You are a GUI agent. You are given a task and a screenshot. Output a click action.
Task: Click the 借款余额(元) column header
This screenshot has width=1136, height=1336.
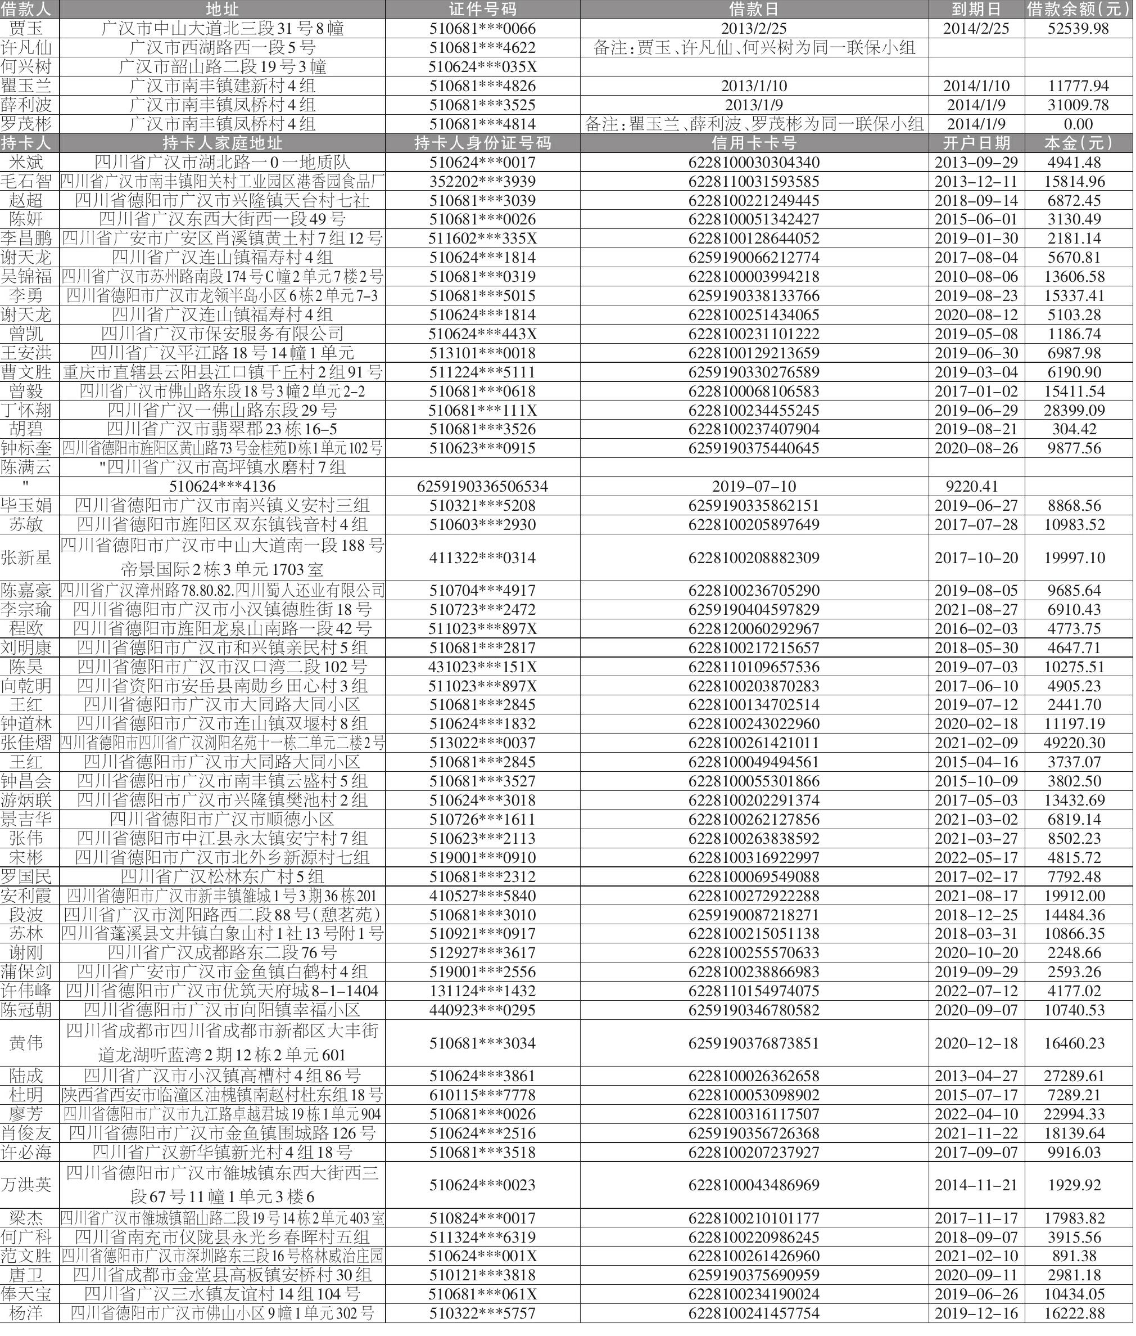pyautogui.click(x=1079, y=9)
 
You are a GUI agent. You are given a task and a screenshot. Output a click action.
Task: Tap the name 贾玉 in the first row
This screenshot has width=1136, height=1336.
pyautogui.click(x=26, y=28)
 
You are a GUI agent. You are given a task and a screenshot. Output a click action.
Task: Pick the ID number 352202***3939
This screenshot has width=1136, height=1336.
pyautogui.click(x=482, y=182)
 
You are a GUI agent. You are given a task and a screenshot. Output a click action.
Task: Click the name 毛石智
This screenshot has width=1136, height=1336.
pyautogui.click(x=26, y=182)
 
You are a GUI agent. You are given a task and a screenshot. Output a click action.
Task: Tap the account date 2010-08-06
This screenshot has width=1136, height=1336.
pyautogui.click(x=976, y=276)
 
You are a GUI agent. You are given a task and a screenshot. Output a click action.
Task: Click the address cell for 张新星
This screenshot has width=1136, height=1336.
pyautogui.click(x=222, y=557)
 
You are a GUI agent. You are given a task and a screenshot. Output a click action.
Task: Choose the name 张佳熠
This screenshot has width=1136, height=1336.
pyautogui.click(x=26, y=743)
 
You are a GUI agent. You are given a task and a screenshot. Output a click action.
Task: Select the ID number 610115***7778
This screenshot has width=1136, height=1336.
pyautogui.click(x=482, y=1095)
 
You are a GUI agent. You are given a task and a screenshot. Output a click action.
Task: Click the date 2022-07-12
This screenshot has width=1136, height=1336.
pyautogui.click(x=976, y=991)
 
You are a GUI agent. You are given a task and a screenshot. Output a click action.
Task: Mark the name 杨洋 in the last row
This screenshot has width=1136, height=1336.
pyautogui.click(x=26, y=1313)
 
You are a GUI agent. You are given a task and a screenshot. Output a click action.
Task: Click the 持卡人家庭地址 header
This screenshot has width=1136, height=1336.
pyautogui.click(x=222, y=143)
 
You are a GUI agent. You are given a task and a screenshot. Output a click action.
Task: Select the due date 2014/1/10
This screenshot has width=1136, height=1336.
pyautogui.click(x=976, y=86)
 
